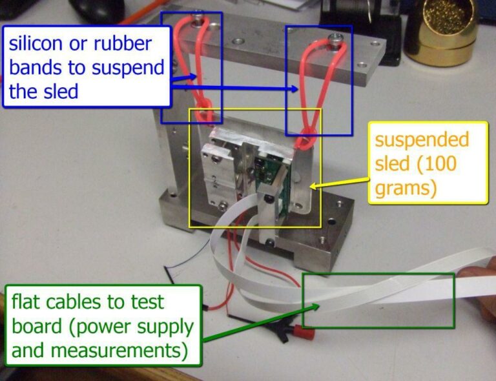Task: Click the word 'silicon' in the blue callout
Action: [x=39, y=44]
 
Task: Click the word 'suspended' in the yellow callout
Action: [x=422, y=140]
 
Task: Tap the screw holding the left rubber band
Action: [x=199, y=15]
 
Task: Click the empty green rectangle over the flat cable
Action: [x=378, y=300]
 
